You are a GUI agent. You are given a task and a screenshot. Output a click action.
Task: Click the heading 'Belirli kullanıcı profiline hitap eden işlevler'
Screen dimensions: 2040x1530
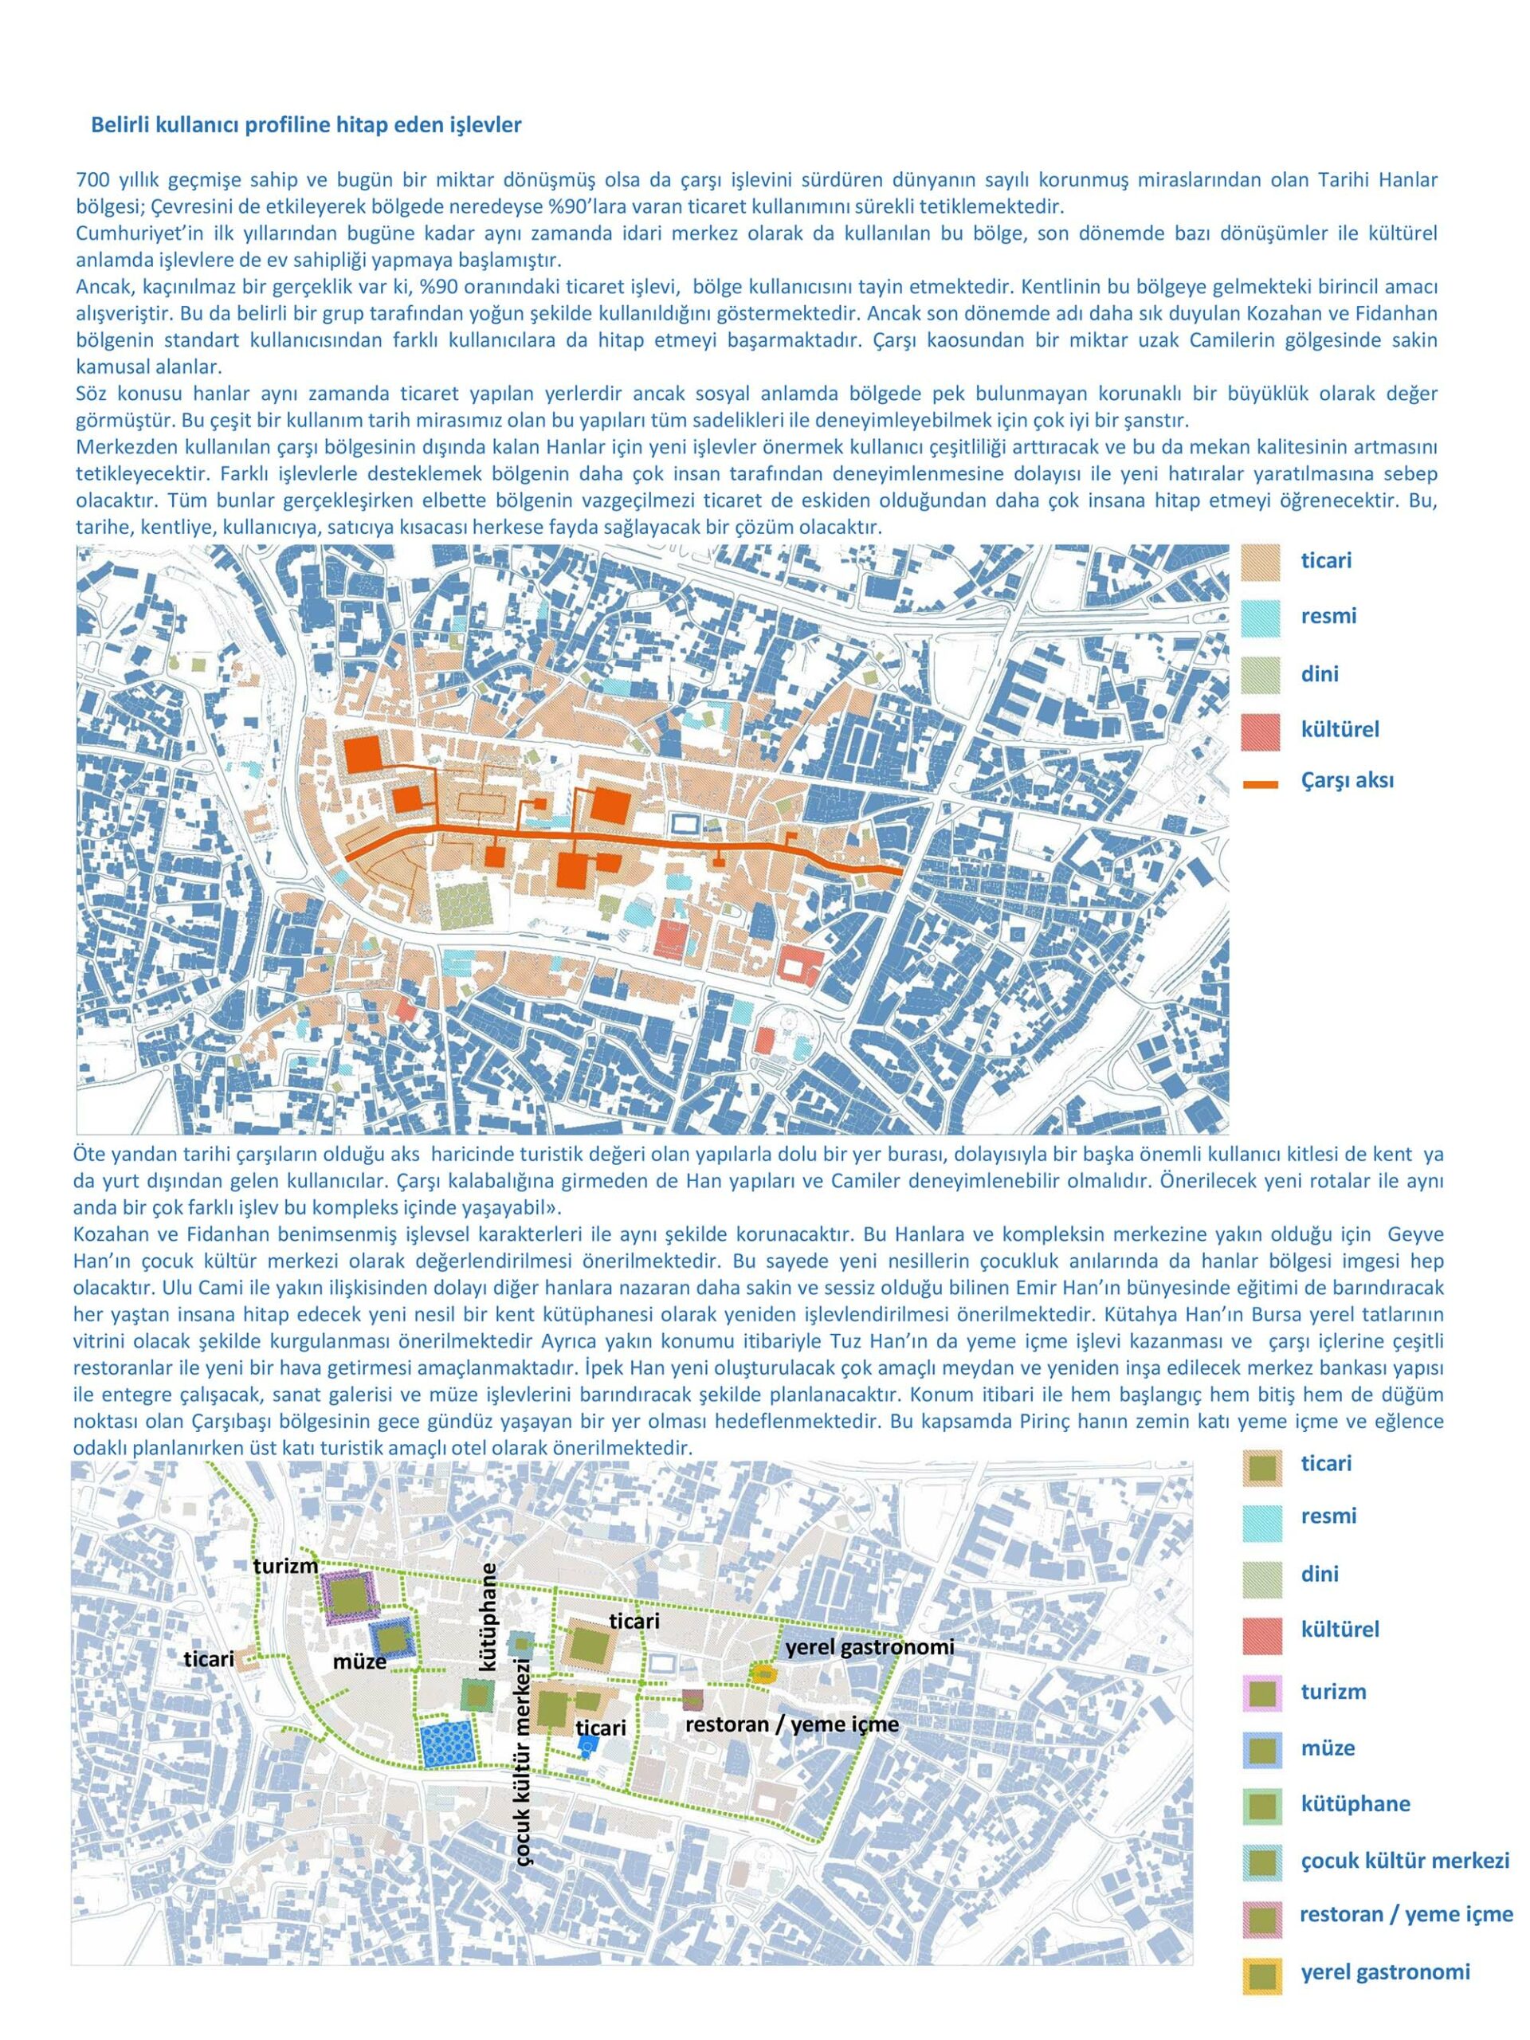(306, 125)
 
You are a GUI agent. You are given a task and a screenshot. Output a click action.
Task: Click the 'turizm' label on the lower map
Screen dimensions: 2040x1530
(287, 1565)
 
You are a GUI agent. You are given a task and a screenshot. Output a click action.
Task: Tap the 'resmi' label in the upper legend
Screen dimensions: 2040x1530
(1328, 615)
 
